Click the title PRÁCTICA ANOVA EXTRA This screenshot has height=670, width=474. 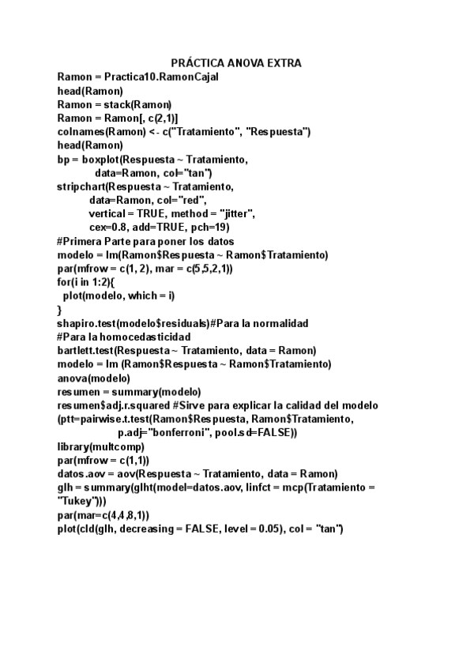pos(236,63)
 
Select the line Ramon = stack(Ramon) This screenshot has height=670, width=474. pos(115,104)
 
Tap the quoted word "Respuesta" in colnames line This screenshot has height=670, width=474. pos(281,132)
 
